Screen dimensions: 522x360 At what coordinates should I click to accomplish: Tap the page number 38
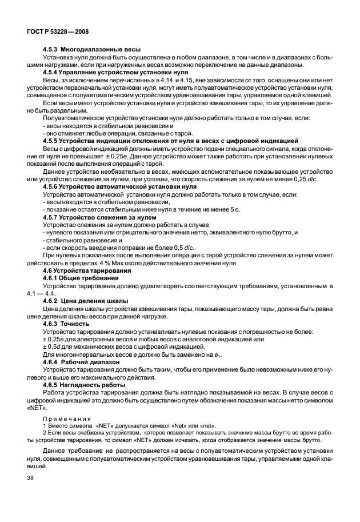pos(30,477)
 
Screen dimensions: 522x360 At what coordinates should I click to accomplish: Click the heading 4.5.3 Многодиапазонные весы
pos(92,49)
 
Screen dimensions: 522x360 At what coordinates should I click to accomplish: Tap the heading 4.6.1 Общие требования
pos(81,278)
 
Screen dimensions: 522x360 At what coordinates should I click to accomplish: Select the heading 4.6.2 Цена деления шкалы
pos(86,301)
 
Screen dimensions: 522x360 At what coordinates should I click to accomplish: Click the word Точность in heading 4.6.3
pos(76,324)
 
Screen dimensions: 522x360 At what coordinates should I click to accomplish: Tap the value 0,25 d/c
pos(306,180)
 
